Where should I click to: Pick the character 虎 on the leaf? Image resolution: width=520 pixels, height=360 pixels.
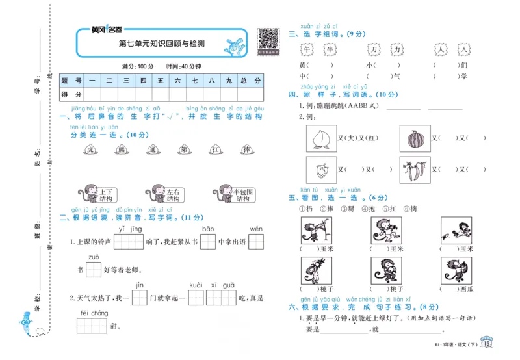pyautogui.click(x=90, y=149)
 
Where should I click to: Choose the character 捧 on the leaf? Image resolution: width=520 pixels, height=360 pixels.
pyautogui.click(x=246, y=149)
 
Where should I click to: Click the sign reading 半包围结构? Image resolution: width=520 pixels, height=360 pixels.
pyautogui.click(x=243, y=195)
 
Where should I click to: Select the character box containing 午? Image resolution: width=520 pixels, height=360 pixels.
pyautogui.click(x=307, y=49)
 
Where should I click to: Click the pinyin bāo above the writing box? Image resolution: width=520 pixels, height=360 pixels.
pyautogui.click(x=208, y=229)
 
